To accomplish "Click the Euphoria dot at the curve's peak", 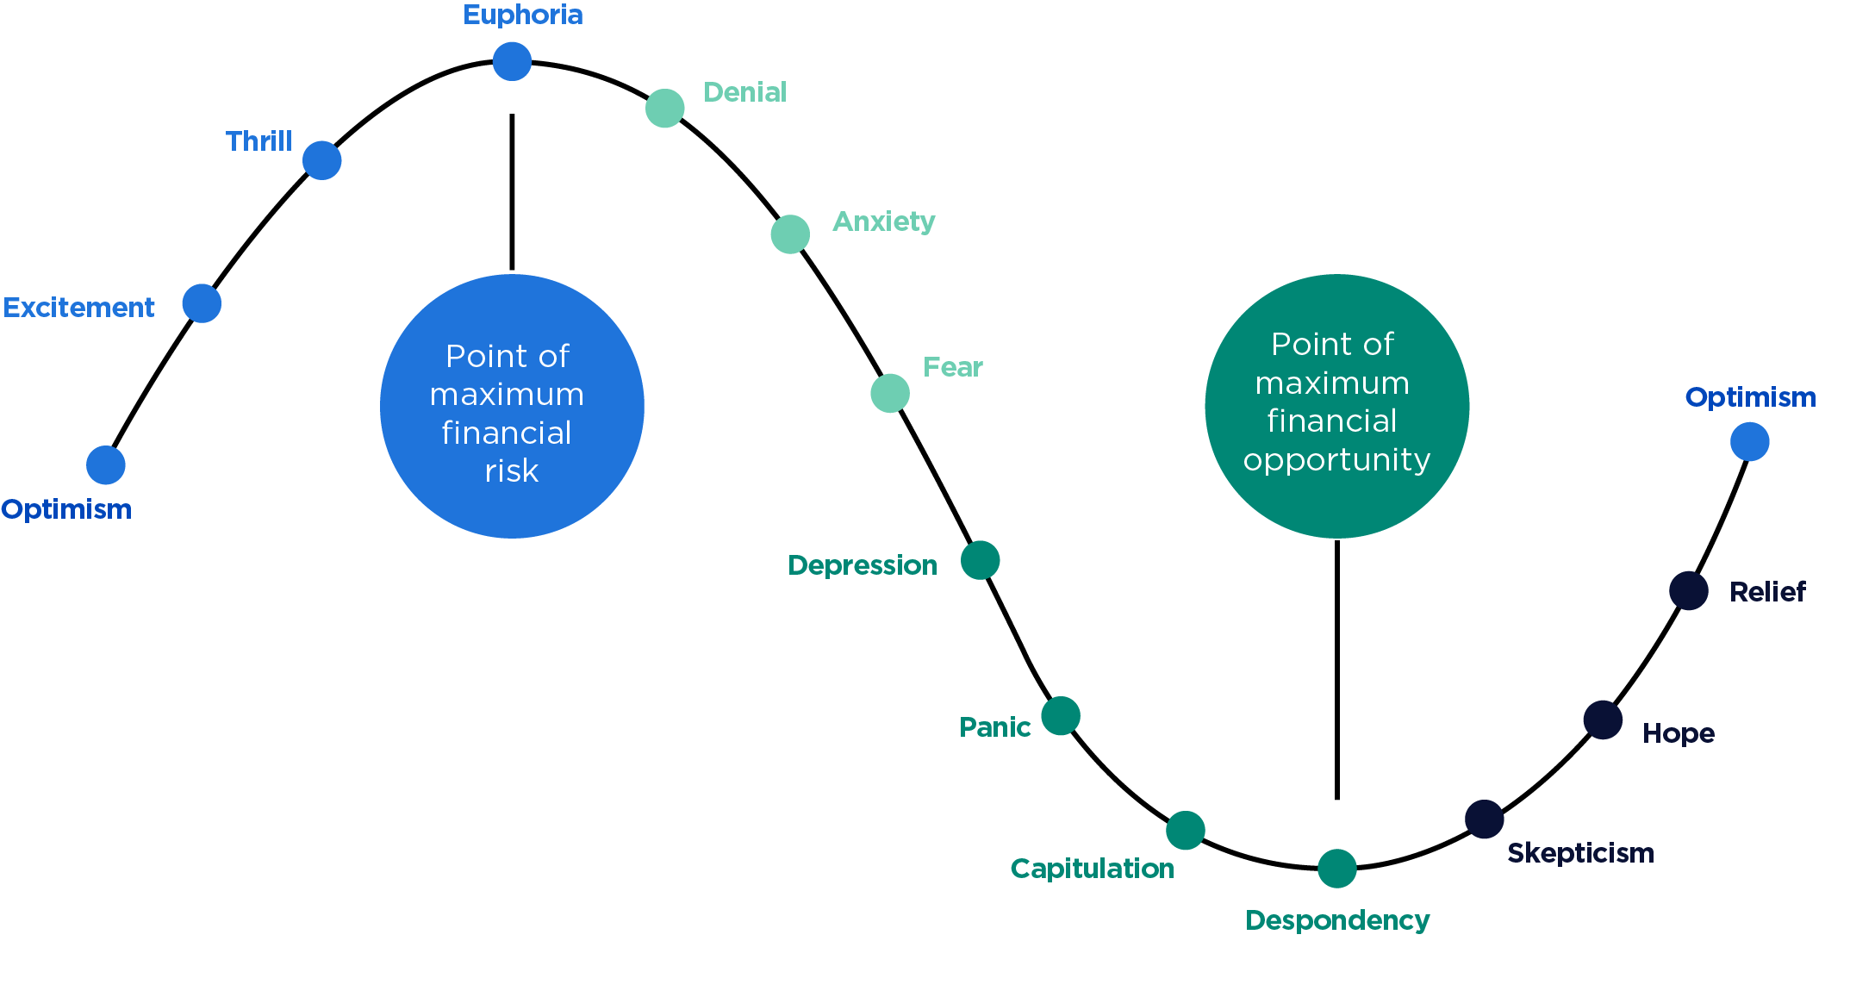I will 512,61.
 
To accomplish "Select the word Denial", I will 744,92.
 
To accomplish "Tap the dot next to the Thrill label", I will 322,160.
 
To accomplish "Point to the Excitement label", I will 78,308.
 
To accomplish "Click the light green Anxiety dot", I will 790,234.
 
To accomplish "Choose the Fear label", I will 952,367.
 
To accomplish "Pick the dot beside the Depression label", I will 981,560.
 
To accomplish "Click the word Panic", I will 994,727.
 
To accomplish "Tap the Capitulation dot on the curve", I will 1186,830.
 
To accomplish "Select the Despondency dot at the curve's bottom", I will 1337,868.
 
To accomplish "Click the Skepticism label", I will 1580,853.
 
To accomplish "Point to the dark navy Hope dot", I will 1603,720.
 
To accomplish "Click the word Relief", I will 1767,592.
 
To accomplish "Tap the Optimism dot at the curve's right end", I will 1750,442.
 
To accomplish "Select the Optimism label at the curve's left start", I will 66,509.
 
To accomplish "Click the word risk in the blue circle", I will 511,471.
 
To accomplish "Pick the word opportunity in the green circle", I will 1336,460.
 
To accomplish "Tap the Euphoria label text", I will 523,15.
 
